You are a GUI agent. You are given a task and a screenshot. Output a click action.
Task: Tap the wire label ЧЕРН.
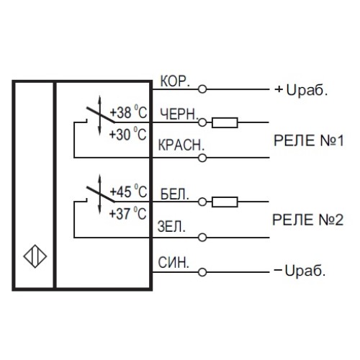pyautogui.click(x=175, y=114)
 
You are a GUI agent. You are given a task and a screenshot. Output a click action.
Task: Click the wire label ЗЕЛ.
pyautogui.click(x=171, y=226)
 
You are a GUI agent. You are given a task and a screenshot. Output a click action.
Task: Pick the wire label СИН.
pyautogui.click(x=174, y=262)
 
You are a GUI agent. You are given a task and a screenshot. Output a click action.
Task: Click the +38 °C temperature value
pyautogui.click(x=127, y=112)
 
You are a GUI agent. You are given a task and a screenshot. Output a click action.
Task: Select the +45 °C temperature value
pyautogui.click(x=127, y=192)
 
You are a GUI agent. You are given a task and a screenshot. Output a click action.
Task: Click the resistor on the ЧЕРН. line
pyautogui.click(x=226, y=123)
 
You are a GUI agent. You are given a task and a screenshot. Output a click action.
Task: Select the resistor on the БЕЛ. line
pyautogui.click(x=226, y=202)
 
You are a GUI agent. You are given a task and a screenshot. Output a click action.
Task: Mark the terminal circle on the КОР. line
pyautogui.click(x=202, y=90)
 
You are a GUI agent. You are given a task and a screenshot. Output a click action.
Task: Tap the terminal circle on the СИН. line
pyautogui.click(x=202, y=272)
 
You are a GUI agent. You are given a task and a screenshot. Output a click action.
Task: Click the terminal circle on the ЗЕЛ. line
pyautogui.click(x=202, y=237)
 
